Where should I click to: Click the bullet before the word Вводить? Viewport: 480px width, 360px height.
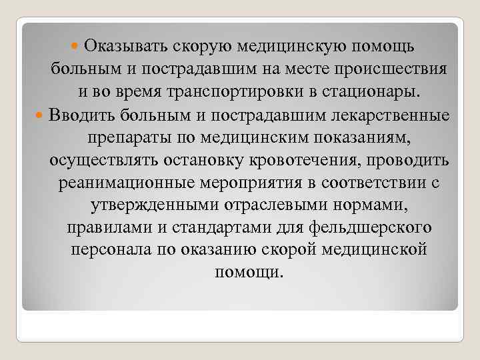[x=40, y=115]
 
